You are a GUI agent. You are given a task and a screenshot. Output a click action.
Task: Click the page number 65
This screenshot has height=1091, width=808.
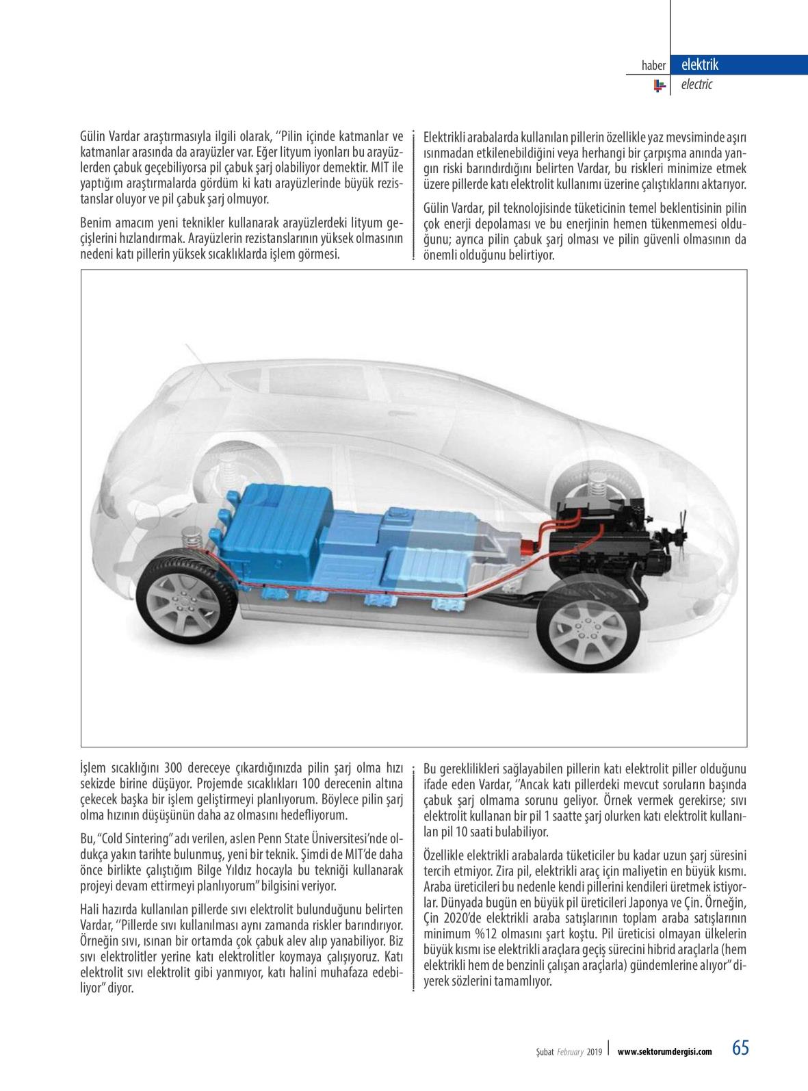click(740, 1048)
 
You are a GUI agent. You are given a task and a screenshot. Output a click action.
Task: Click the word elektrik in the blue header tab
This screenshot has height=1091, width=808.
click(699, 65)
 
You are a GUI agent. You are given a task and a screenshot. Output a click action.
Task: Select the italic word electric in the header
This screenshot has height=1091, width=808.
click(696, 85)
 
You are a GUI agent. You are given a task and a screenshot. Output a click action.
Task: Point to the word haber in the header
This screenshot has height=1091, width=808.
click(653, 66)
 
